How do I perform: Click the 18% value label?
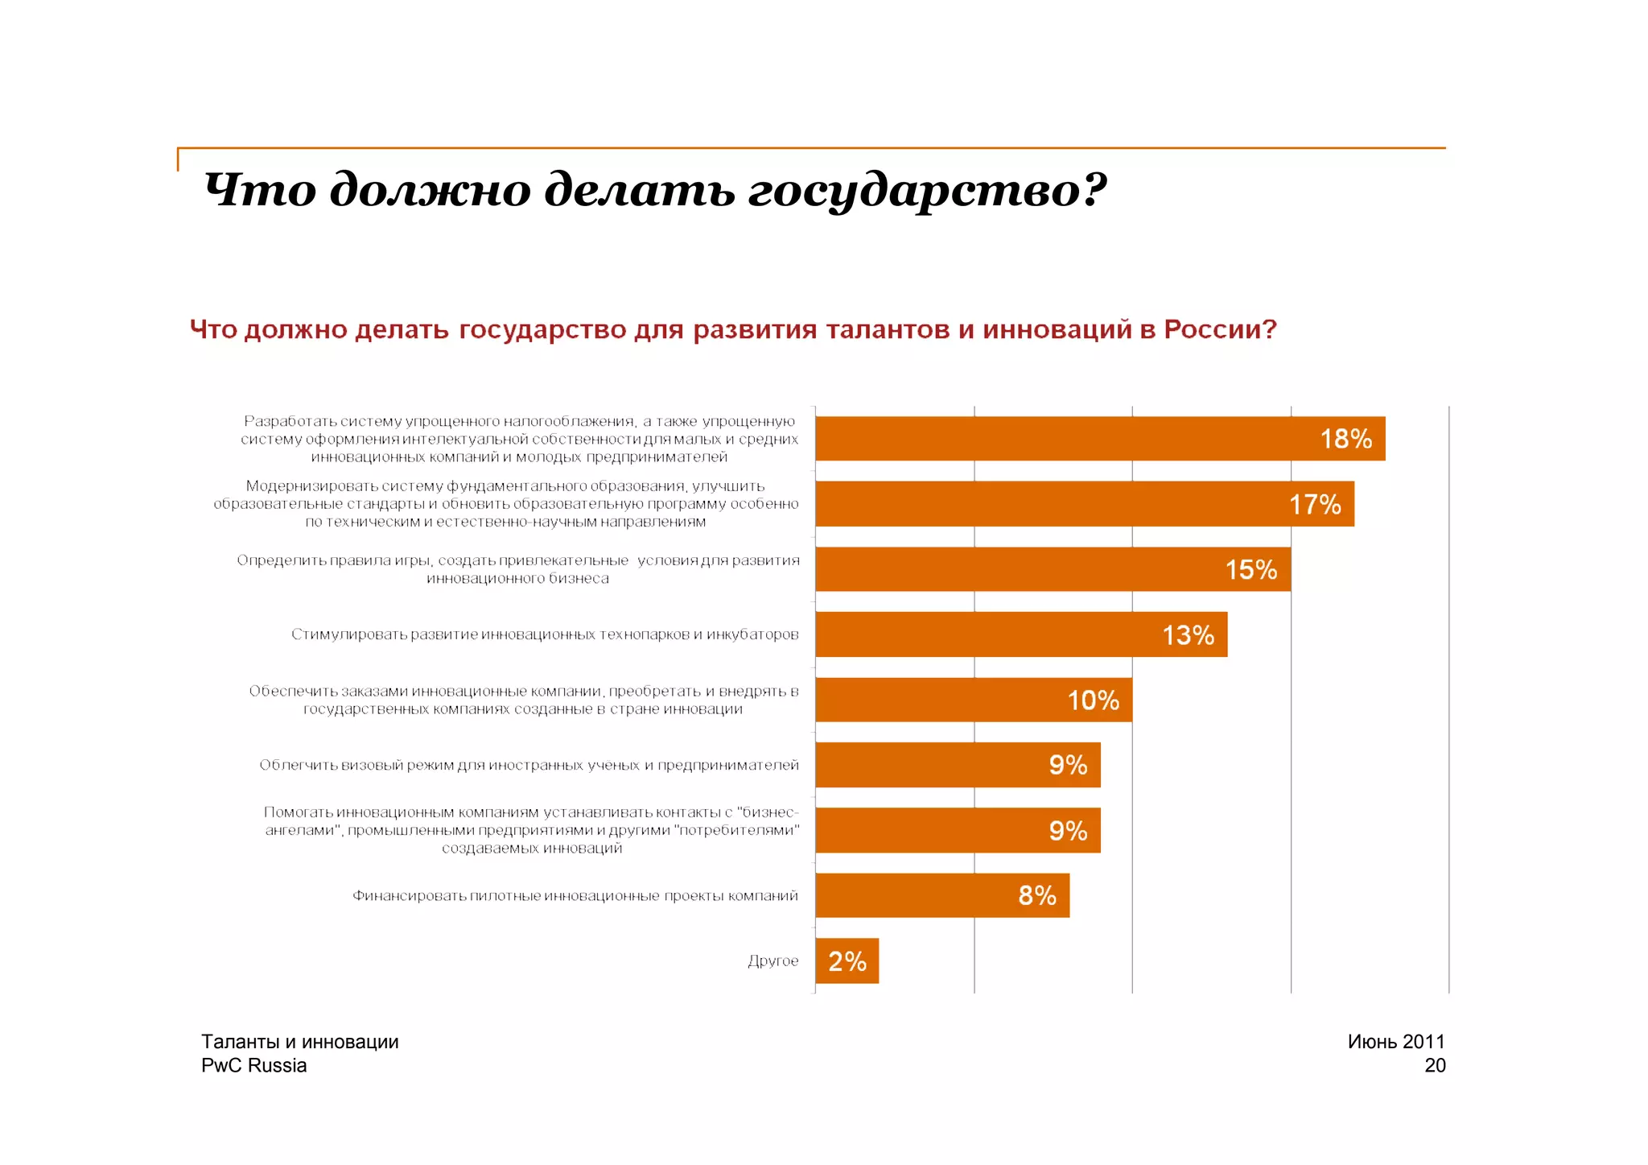point(1345,439)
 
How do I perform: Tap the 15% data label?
point(1250,570)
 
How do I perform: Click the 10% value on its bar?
point(1093,700)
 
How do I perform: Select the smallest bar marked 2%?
point(847,961)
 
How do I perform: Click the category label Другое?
point(772,961)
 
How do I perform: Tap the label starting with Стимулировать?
point(545,634)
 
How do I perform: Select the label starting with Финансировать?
point(575,895)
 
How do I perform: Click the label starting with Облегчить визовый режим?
point(529,765)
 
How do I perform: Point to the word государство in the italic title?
point(925,191)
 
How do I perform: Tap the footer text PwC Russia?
point(253,1065)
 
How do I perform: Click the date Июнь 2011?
point(1395,1041)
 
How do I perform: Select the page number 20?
point(1434,1065)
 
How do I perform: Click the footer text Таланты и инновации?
point(299,1041)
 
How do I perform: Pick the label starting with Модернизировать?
point(505,504)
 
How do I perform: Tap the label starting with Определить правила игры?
point(517,569)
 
